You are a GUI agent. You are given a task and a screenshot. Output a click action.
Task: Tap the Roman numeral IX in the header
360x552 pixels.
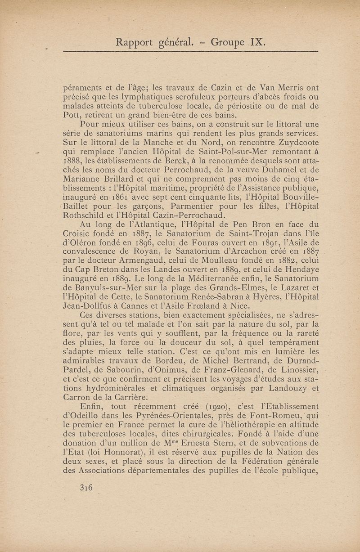coord(258,43)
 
